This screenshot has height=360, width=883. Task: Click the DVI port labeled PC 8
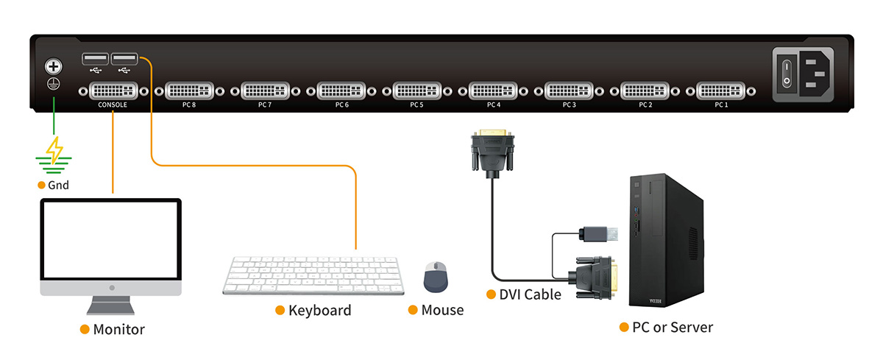click(x=190, y=91)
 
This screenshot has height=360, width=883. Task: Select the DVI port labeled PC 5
click(x=417, y=91)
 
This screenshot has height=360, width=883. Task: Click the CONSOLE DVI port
click(x=113, y=91)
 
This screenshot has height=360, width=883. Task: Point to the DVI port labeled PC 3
click(x=569, y=91)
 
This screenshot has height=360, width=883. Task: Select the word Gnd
click(x=58, y=185)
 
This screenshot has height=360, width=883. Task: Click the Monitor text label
click(x=118, y=329)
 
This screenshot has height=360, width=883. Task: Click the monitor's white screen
click(x=110, y=239)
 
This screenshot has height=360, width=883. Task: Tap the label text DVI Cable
click(x=530, y=294)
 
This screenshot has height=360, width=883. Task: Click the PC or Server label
click(x=672, y=327)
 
